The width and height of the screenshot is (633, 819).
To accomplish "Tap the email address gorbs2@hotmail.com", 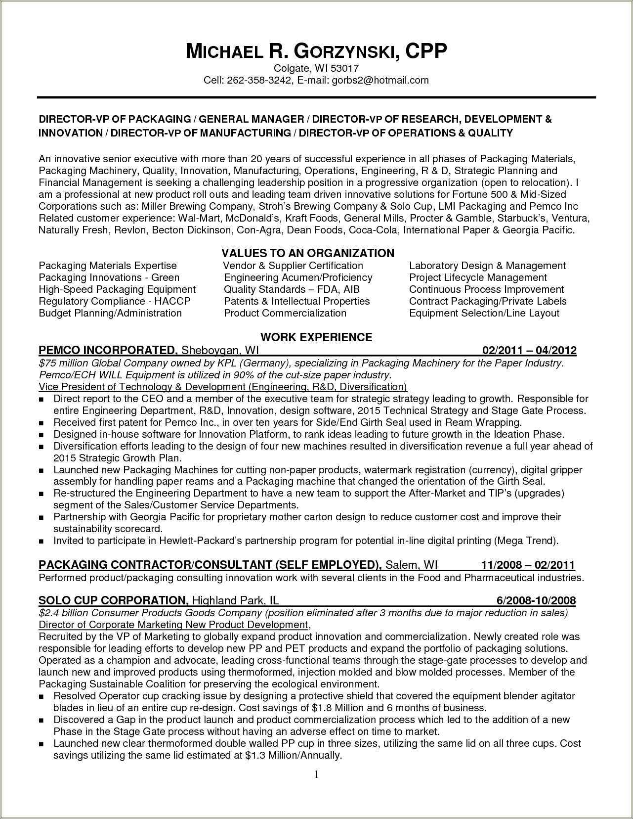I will [380, 80].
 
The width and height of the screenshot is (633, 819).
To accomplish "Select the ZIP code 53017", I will [344, 68].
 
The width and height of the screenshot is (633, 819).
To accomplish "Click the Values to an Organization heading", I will [308, 253].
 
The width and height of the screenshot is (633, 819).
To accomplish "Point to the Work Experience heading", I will [316, 337].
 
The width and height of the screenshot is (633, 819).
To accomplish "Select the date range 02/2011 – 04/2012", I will [529, 351].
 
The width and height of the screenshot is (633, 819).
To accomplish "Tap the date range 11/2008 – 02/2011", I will [528, 565].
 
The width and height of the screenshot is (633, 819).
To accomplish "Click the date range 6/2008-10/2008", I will [536, 600].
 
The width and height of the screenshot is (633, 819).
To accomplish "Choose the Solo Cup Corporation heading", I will [113, 600].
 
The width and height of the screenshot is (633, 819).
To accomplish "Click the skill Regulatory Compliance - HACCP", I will [115, 301].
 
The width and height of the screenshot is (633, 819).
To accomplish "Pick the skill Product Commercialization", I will [285, 313].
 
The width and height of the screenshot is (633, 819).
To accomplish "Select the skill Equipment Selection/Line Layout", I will [484, 313].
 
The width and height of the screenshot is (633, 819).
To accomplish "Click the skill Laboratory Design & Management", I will [487, 266].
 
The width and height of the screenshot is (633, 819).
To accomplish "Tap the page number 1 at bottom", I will [316, 774].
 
